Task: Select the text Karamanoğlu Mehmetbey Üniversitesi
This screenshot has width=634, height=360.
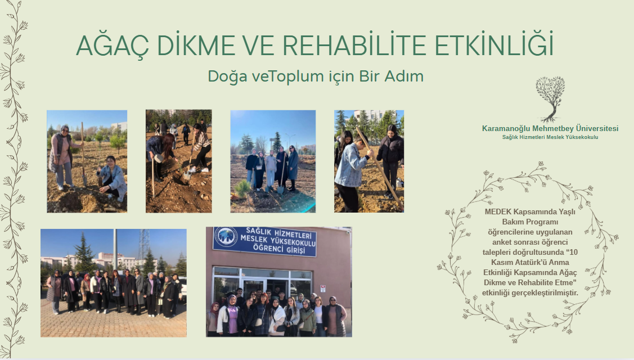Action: point(550,129)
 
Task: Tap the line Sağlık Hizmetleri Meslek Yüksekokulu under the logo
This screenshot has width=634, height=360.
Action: point(550,137)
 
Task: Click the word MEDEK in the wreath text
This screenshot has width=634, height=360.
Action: point(498,211)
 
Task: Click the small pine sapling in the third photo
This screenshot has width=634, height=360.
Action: point(242,189)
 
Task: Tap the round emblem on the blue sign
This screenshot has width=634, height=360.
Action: point(226,238)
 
